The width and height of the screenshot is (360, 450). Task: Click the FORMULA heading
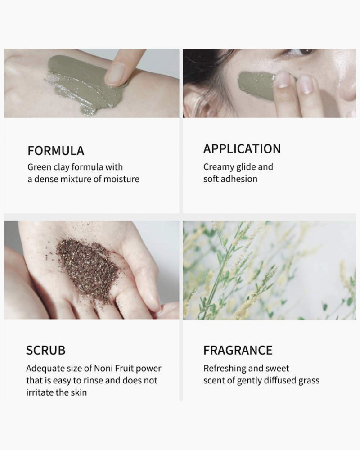(56, 151)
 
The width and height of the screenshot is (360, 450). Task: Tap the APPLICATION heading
(242, 149)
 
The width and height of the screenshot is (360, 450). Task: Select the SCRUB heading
(45, 351)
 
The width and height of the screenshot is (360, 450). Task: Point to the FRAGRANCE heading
(238, 351)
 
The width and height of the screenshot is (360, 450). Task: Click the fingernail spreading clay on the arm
(115, 74)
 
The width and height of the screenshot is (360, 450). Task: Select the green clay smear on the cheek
(256, 85)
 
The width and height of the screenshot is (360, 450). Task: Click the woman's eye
(302, 52)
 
